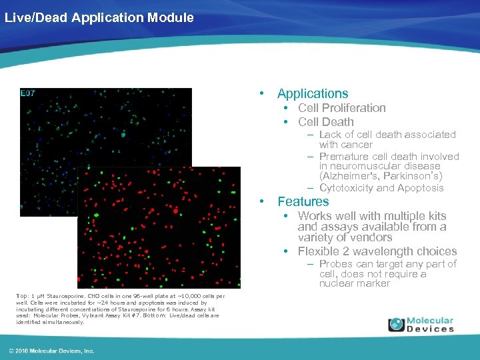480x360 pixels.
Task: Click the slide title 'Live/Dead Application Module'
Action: pyautogui.click(x=99, y=17)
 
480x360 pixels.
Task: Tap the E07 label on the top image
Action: pyautogui.click(x=28, y=93)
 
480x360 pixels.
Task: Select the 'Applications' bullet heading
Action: pyautogui.click(x=313, y=94)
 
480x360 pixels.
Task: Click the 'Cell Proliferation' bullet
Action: pyautogui.click(x=341, y=108)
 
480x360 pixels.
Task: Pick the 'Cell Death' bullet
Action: pyautogui.click(x=326, y=122)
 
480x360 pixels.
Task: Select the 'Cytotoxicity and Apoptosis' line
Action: pyautogui.click(x=381, y=188)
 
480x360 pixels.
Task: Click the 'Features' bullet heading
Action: pyautogui.click(x=303, y=201)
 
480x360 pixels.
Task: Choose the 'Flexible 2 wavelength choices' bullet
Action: pyautogui.click(x=377, y=251)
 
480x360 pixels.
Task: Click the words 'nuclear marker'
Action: pyautogui.click(x=353, y=283)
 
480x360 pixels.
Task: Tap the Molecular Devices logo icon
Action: pyautogui.click(x=397, y=325)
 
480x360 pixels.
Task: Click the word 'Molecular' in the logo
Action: pyautogui.click(x=430, y=321)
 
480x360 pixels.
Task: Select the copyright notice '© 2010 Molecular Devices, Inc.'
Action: pyautogui.click(x=52, y=351)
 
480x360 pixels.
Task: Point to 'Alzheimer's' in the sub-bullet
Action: pyautogui.click(x=347, y=176)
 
